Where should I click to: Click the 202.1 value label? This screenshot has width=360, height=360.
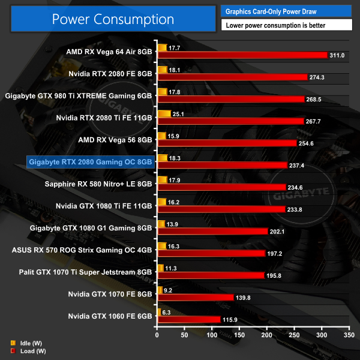coord(279,231)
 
